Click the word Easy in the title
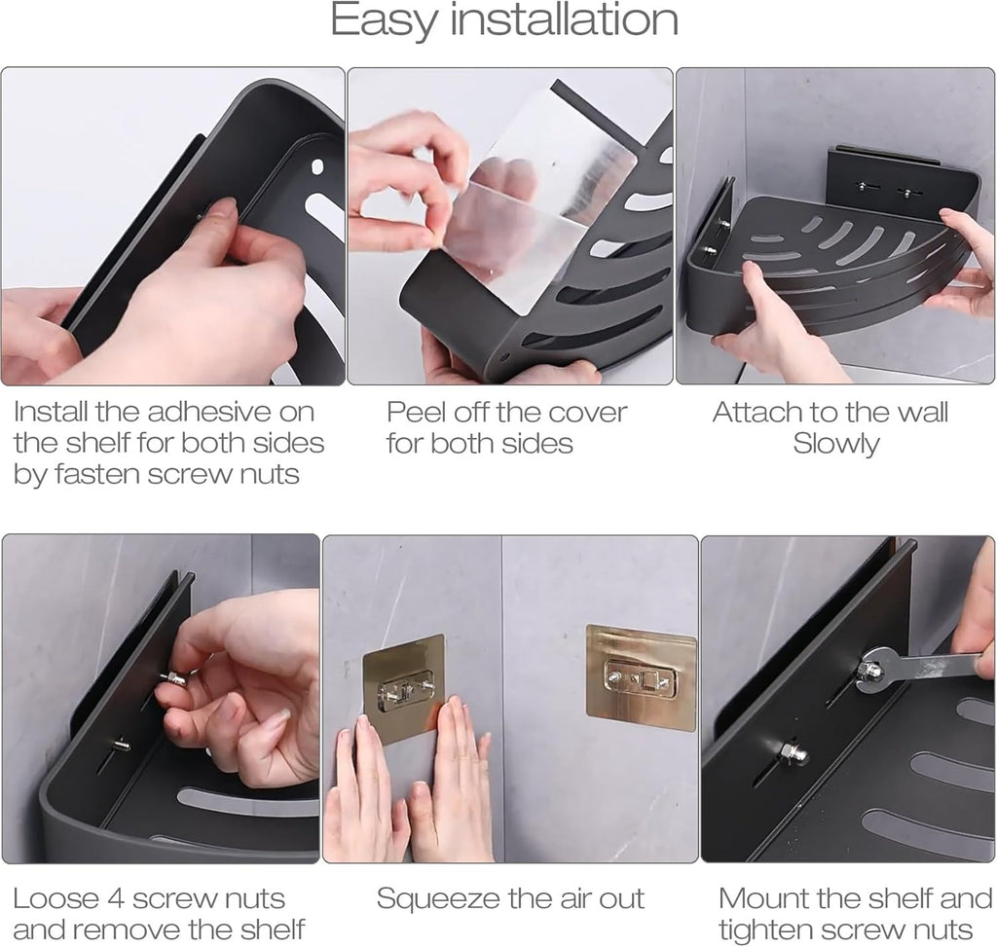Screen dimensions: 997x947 [384, 21]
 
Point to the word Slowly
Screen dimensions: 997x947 [836, 444]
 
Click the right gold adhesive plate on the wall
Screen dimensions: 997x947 [641, 677]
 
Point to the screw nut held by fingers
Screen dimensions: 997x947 [173, 678]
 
